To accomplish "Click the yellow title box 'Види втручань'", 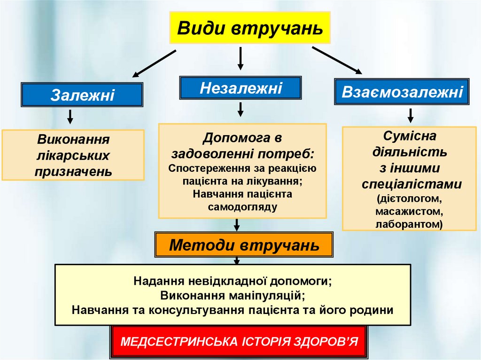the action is click(x=250, y=28).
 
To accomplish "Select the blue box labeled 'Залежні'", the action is click(x=82, y=95).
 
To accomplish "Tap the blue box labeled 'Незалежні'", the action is click(x=240, y=88).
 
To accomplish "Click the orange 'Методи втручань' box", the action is click(x=244, y=245).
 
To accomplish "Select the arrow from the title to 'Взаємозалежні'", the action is click(x=337, y=60).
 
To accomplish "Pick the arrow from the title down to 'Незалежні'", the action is click(x=240, y=58).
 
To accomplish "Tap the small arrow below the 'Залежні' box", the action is click(x=70, y=116).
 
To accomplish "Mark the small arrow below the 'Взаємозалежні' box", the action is click(x=411, y=115).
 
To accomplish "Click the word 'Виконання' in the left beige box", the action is click(x=73, y=139).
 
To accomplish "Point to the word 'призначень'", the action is click(x=73, y=171).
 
